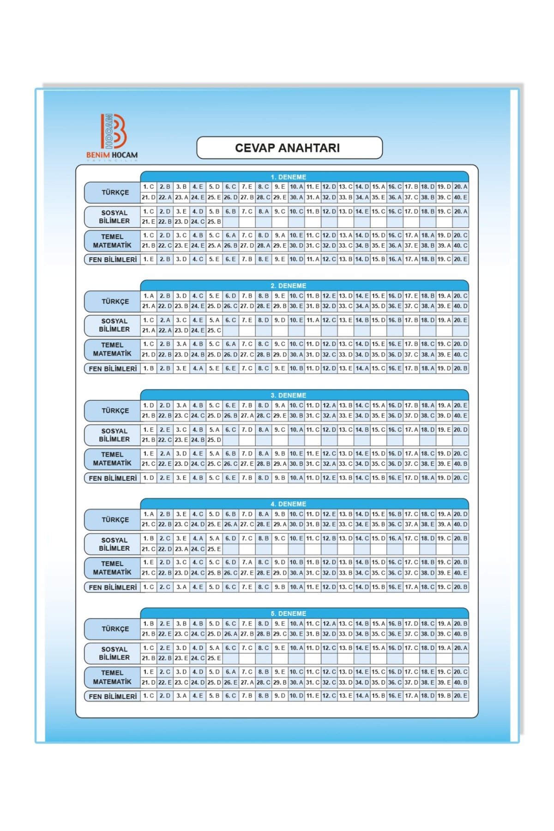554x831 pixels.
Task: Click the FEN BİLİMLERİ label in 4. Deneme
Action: tap(113, 587)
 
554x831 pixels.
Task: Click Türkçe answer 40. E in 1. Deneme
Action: tap(460, 198)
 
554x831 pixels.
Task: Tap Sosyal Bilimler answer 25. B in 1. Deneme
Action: tap(214, 222)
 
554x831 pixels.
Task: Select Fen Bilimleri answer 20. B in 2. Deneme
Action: tap(460, 368)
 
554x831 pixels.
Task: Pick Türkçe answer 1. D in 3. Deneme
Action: tap(148, 405)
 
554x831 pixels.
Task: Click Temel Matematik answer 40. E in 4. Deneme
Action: tap(460, 573)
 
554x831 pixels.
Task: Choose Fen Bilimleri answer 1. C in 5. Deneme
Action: tap(148, 696)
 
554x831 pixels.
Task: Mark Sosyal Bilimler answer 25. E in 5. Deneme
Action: tap(214, 658)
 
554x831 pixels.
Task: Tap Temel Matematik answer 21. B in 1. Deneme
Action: tap(148, 246)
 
